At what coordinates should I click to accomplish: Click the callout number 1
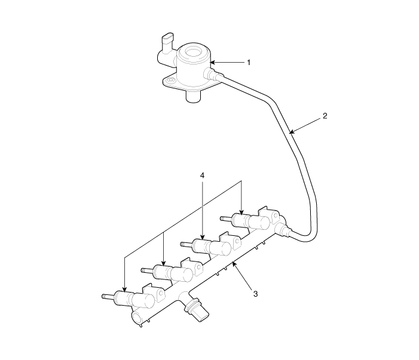(249, 63)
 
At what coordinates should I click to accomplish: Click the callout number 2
(325, 116)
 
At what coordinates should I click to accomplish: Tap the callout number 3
(255, 294)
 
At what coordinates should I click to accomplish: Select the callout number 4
(202, 176)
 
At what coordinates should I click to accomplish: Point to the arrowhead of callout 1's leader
(213, 63)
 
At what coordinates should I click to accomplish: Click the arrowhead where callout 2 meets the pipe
(292, 131)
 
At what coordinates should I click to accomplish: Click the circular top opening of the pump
(193, 52)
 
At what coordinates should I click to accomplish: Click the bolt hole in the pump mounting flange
(169, 80)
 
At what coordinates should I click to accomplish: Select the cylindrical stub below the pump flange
(193, 97)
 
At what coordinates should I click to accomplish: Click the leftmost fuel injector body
(134, 300)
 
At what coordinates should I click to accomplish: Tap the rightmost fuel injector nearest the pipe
(250, 221)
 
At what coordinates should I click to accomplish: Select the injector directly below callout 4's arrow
(211, 247)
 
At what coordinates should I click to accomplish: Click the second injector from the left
(172, 273)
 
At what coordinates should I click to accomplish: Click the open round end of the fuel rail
(138, 318)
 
